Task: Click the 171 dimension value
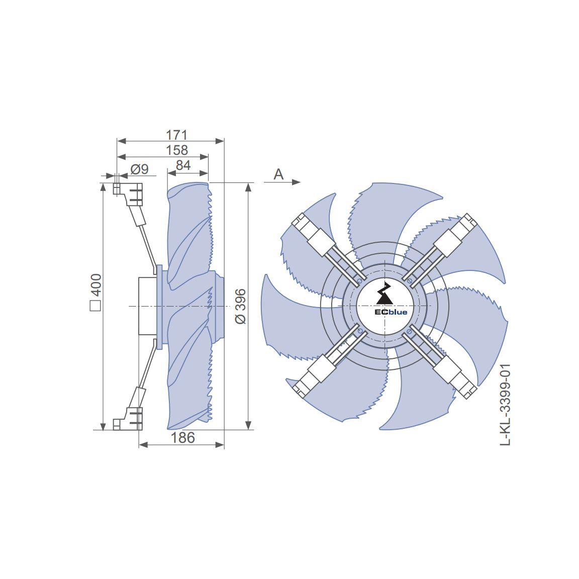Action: (176, 135)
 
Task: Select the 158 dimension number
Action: (177, 150)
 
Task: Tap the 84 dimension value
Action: (183, 165)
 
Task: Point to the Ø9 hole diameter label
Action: (140, 169)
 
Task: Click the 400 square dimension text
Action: (96, 284)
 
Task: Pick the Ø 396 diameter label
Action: (240, 307)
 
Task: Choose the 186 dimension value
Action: (182, 438)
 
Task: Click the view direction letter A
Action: (278, 174)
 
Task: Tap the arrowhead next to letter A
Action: (296, 182)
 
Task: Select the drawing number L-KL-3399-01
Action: (505, 404)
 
